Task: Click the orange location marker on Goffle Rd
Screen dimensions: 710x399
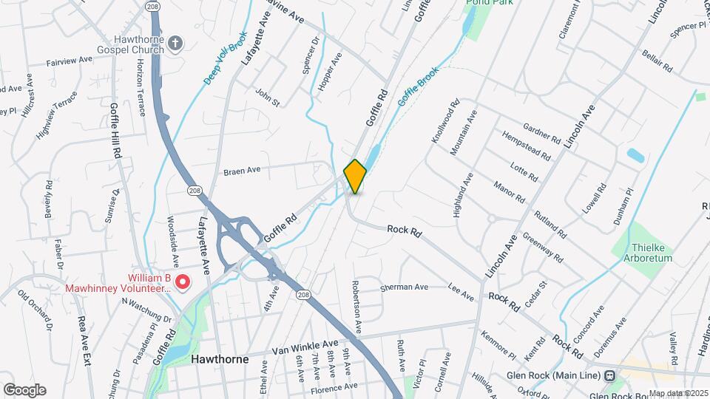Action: click(x=355, y=176)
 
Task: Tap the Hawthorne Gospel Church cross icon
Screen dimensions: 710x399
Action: click(x=175, y=43)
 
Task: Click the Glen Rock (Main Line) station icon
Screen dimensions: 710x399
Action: click(x=609, y=375)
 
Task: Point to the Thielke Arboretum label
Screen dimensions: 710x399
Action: click(x=652, y=253)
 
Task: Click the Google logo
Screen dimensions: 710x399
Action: click(x=24, y=389)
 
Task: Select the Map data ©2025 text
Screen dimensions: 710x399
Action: click(x=677, y=393)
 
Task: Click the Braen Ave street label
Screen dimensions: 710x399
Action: click(x=242, y=171)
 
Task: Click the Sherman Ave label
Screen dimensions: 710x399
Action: click(x=404, y=287)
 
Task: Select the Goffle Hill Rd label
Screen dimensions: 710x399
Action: click(x=115, y=132)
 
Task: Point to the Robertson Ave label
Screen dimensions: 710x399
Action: click(x=357, y=307)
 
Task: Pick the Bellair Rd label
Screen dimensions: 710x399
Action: click(x=657, y=57)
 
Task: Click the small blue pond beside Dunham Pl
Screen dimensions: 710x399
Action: click(x=635, y=155)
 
